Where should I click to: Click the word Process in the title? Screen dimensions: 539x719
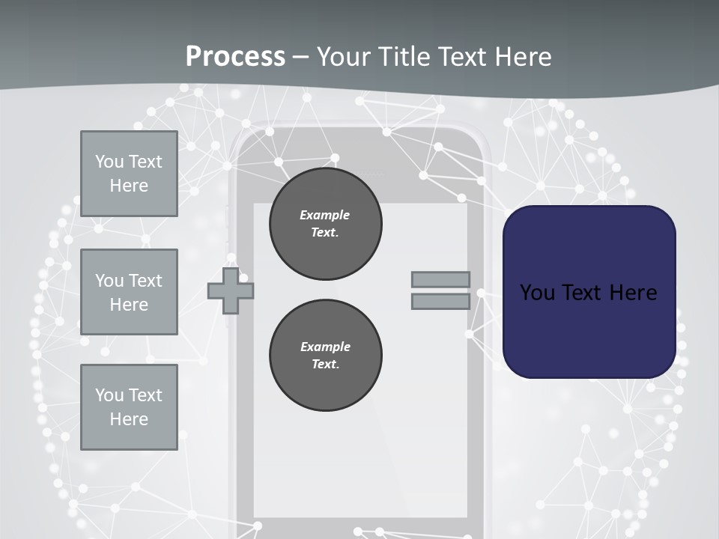[235, 57]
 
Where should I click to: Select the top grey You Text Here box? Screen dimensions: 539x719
[129, 174]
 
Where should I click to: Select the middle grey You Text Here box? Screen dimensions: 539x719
[129, 292]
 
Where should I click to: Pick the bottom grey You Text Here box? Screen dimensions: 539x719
[129, 407]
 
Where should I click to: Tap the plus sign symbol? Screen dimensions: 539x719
[231, 290]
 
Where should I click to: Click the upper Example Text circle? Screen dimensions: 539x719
[325, 224]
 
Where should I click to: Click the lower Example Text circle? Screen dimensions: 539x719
[325, 356]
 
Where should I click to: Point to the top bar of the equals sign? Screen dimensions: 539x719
[440, 279]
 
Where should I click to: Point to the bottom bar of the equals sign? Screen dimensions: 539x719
[440, 302]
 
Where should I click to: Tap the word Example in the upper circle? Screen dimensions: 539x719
[325, 215]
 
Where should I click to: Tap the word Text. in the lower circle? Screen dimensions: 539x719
[325, 365]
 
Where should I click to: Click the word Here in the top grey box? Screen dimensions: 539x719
[129, 186]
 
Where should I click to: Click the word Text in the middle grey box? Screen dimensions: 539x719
[145, 281]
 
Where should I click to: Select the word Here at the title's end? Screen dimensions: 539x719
[523, 57]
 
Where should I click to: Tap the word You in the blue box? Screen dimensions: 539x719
[537, 293]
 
